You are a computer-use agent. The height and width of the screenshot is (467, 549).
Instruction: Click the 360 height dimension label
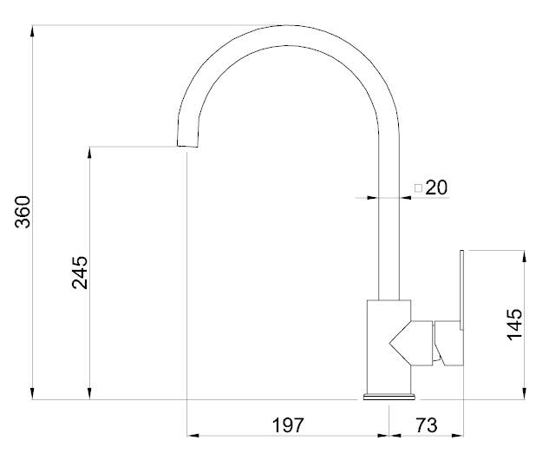[x=23, y=212]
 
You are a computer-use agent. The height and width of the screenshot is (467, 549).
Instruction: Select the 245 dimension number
[x=80, y=273]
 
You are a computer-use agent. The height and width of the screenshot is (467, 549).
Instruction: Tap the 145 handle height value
[x=514, y=325]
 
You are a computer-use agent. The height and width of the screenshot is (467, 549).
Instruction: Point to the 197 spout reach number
[x=289, y=425]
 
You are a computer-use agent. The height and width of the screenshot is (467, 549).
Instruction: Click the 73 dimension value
[x=427, y=425]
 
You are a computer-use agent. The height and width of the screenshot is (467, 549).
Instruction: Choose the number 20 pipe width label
[x=436, y=187]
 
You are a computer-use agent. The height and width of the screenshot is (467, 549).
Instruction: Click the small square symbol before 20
[x=418, y=188]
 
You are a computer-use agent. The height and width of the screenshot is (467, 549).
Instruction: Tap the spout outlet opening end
[x=187, y=146]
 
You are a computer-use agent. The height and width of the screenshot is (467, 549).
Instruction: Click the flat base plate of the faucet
[x=389, y=397]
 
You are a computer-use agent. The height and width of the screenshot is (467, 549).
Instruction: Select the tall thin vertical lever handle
[x=461, y=290]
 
